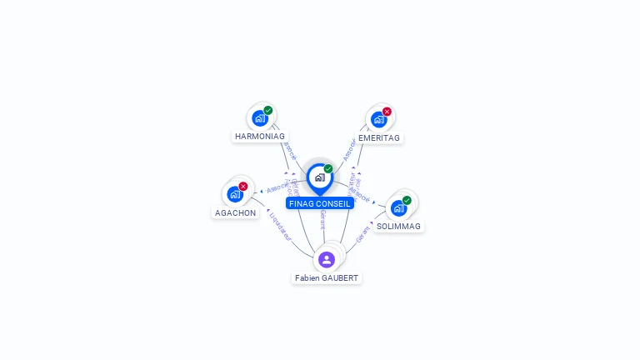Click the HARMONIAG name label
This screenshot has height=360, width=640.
click(260, 136)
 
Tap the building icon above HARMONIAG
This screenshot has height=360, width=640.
click(259, 118)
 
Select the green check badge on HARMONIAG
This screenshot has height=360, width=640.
click(267, 110)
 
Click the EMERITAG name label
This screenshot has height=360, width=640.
click(379, 137)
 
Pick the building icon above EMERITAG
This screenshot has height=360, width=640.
click(378, 119)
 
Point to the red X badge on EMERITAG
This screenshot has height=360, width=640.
click(387, 112)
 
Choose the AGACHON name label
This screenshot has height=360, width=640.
click(236, 212)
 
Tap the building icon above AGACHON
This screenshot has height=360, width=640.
click(234, 194)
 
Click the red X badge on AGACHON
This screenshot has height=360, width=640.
click(242, 187)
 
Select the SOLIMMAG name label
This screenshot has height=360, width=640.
click(398, 226)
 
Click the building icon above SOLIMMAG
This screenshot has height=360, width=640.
click(398, 207)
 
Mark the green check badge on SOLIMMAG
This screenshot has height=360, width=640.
click(407, 200)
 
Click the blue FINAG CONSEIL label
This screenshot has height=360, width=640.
click(320, 203)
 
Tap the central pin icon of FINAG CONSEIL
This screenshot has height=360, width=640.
click(319, 177)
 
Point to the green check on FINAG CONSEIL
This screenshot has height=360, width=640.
click(328, 168)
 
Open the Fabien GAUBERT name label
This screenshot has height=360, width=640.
click(327, 277)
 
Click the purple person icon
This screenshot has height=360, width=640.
click(327, 259)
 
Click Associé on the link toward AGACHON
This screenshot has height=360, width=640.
click(277, 187)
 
